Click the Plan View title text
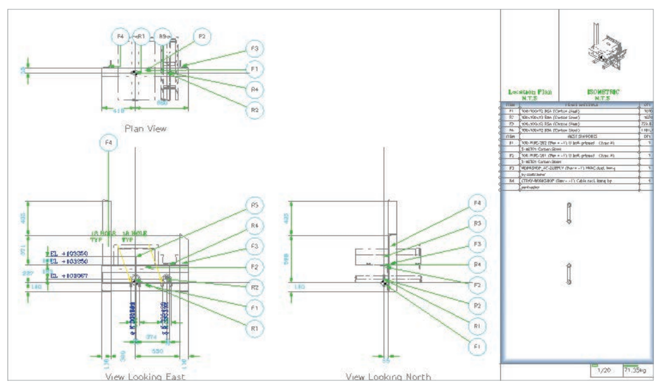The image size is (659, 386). pyautogui.click(x=145, y=128)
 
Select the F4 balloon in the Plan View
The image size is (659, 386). pyautogui.click(x=122, y=37)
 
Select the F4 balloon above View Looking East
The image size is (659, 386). pyautogui.click(x=109, y=144)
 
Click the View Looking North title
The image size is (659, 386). pyautogui.click(x=388, y=377)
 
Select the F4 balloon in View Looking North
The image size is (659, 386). pyautogui.click(x=478, y=203)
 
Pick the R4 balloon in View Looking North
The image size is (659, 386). pyautogui.click(x=478, y=264)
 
